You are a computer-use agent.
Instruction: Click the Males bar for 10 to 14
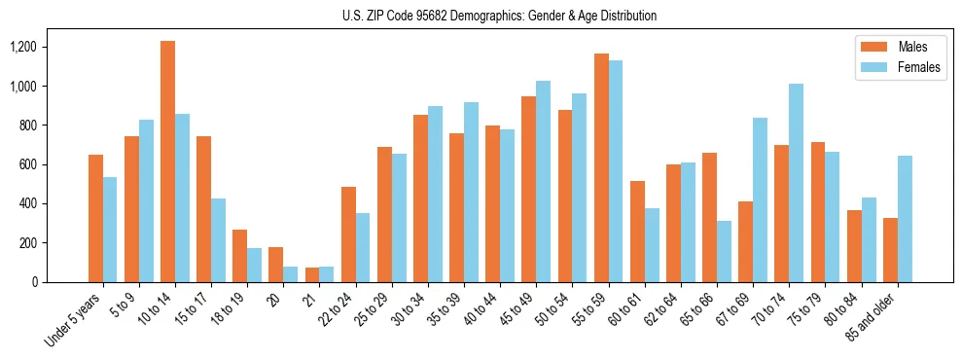[168, 162]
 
